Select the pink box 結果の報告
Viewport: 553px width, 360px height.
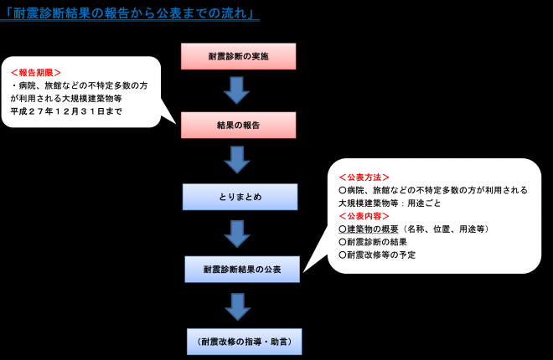click(240, 125)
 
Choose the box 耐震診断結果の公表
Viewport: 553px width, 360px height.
click(242, 270)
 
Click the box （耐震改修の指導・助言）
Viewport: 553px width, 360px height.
click(243, 342)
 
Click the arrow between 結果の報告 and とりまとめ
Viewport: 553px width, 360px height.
click(239, 161)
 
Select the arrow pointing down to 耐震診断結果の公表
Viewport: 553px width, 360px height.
click(240, 234)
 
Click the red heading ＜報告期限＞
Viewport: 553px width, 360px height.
click(35, 73)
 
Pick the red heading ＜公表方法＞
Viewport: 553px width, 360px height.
click(364, 177)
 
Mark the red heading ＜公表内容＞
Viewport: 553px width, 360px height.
click(364, 216)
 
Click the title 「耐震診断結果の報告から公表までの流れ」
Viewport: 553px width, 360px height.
click(130, 15)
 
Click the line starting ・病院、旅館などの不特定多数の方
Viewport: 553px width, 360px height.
click(80, 85)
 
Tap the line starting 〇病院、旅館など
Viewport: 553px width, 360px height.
click(432, 190)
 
